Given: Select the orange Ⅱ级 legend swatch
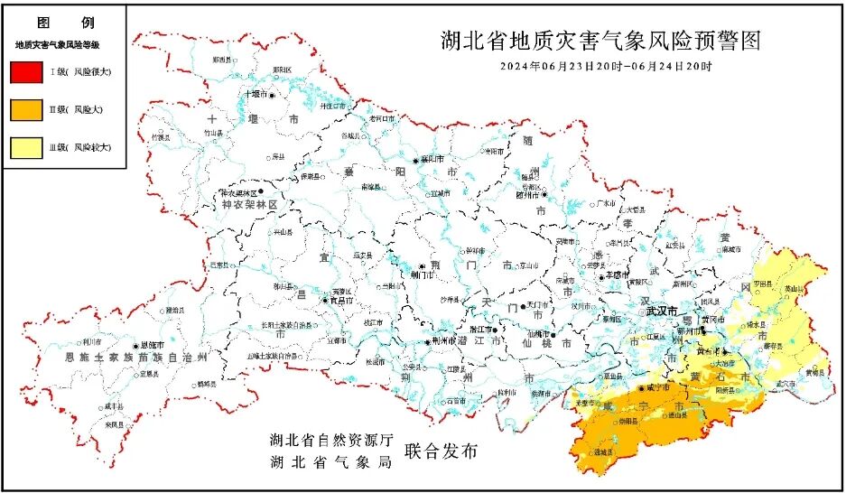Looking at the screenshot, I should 26,109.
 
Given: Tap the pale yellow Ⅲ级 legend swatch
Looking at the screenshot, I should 26,147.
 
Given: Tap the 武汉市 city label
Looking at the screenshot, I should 661,311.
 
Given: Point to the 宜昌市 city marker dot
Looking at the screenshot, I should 322,302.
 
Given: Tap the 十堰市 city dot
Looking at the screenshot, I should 270,94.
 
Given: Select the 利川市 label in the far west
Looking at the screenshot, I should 91,341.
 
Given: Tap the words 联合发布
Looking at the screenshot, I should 441,451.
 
